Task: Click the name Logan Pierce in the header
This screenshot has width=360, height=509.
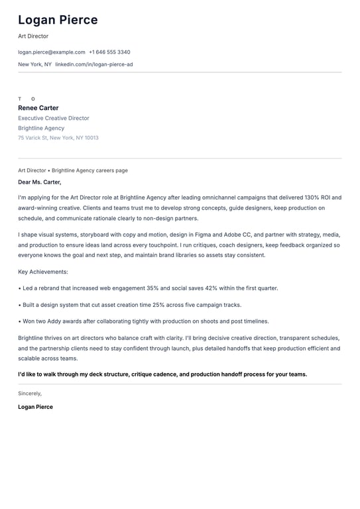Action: coord(58,20)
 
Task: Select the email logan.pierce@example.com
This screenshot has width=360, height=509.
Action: coord(52,52)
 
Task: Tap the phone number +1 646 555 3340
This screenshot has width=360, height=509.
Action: coord(109,52)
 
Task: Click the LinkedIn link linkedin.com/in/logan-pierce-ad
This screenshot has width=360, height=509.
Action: coord(93,64)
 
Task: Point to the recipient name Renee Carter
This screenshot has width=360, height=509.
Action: coord(38,108)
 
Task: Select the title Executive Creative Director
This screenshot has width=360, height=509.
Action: coord(54,118)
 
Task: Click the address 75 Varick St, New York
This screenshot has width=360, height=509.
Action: coord(58,138)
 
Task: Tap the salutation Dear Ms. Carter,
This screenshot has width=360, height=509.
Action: coord(40,182)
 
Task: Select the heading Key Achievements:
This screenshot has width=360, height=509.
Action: coord(43,272)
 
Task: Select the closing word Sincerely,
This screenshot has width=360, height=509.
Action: coord(30,393)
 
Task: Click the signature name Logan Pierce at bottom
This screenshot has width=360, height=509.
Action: coord(36,407)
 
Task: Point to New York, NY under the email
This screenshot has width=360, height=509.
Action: coord(34,64)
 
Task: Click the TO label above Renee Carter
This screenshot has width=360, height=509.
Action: coord(27,99)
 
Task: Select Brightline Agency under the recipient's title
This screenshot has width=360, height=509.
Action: coord(41,128)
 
